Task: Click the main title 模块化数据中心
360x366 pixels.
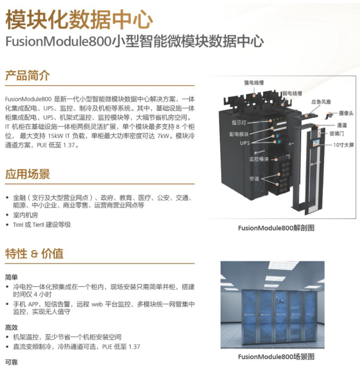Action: pyautogui.click(x=79, y=20)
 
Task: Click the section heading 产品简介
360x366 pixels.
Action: pyautogui.click(x=28, y=75)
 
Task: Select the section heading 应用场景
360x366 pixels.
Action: pyautogui.click(x=28, y=174)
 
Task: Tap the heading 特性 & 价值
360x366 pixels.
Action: pyautogui.click(x=34, y=253)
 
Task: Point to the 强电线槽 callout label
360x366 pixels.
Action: pyautogui.click(x=254, y=83)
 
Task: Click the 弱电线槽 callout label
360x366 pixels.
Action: pyautogui.click(x=292, y=93)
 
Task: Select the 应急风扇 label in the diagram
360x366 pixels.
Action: pyautogui.click(x=321, y=102)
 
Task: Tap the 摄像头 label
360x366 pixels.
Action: pyautogui.click(x=346, y=113)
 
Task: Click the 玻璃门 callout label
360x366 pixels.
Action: pyautogui.click(x=337, y=133)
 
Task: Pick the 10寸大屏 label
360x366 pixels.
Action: pyautogui.click(x=343, y=145)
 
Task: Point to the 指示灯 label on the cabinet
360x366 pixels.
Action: pyautogui.click(x=239, y=122)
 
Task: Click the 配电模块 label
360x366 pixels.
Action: pyautogui.click(x=239, y=134)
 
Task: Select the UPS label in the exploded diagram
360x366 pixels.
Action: pyautogui.click(x=245, y=143)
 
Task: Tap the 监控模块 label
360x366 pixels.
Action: pyautogui.click(x=259, y=159)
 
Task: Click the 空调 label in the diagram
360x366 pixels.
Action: pyautogui.click(x=254, y=179)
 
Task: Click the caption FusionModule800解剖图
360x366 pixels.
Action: pyautogui.click(x=276, y=228)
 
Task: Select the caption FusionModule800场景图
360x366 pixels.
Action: pyautogui.click(x=276, y=356)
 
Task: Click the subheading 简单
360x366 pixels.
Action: pyautogui.click(x=11, y=277)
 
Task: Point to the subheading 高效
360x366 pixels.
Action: pyautogui.click(x=11, y=327)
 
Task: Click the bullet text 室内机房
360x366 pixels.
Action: pyautogui.click(x=25, y=215)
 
